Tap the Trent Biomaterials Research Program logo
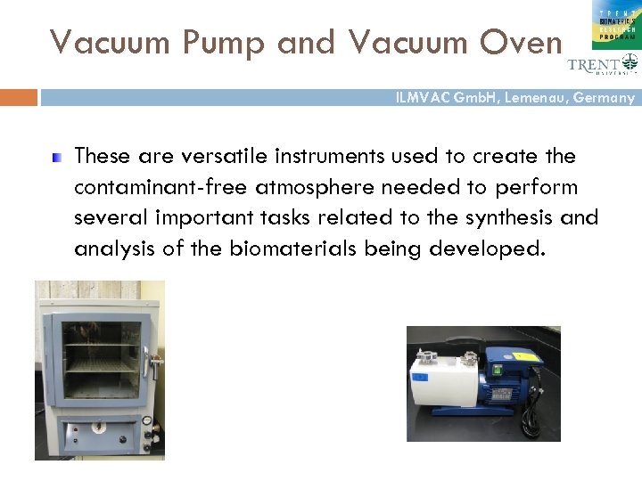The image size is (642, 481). click(614, 22)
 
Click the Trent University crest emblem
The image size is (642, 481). click(630, 63)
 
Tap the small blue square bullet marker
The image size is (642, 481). click(56, 158)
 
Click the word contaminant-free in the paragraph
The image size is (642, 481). click(161, 187)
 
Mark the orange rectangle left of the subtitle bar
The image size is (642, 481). click(19, 97)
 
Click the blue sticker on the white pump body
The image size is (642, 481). click(418, 377)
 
